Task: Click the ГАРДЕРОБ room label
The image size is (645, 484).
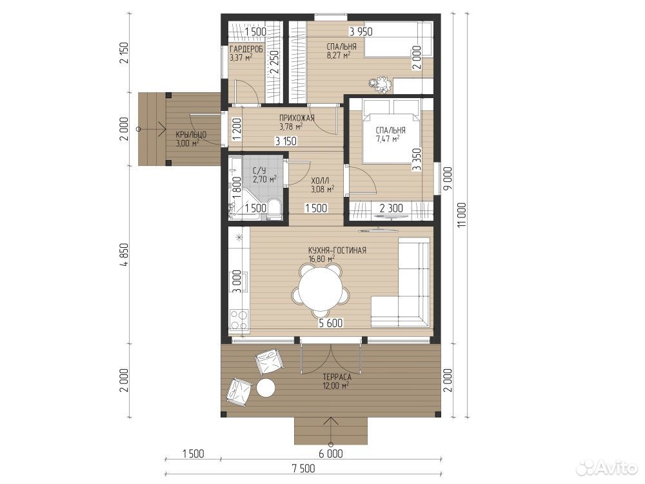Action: (246, 48)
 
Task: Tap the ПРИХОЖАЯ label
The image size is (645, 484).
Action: (297, 118)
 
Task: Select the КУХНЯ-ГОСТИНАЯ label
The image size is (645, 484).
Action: (337, 250)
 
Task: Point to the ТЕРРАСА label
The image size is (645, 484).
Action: (337, 377)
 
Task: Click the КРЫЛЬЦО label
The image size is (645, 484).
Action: (191, 135)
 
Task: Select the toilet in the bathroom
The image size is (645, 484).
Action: (272, 208)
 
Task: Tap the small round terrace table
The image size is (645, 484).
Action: (266, 388)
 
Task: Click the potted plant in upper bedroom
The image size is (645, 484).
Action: (380, 85)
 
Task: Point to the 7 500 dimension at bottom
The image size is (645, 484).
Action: (304, 469)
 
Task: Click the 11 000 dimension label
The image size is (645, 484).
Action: (462, 215)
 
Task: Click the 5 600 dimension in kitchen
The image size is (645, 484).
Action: (331, 323)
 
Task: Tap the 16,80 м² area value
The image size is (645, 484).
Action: (322, 259)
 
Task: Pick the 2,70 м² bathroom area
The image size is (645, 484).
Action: (264, 179)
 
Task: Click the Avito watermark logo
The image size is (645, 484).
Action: (606, 467)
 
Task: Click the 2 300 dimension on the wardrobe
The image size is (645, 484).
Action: (392, 208)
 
